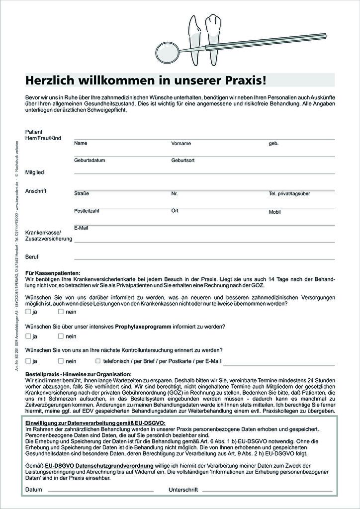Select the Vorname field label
181,143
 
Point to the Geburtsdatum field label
90,161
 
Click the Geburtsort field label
183,161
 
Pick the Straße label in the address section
82,193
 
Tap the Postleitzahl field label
87,211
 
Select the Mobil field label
275,212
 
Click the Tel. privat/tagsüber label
289,193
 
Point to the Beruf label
32,257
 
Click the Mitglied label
35,172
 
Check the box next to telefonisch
98,361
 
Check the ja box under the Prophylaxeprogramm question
28,337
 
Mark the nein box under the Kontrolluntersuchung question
61,361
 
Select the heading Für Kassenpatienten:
52,273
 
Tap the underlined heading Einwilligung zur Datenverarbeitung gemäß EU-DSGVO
95,422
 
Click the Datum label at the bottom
34,490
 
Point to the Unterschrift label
183,490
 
